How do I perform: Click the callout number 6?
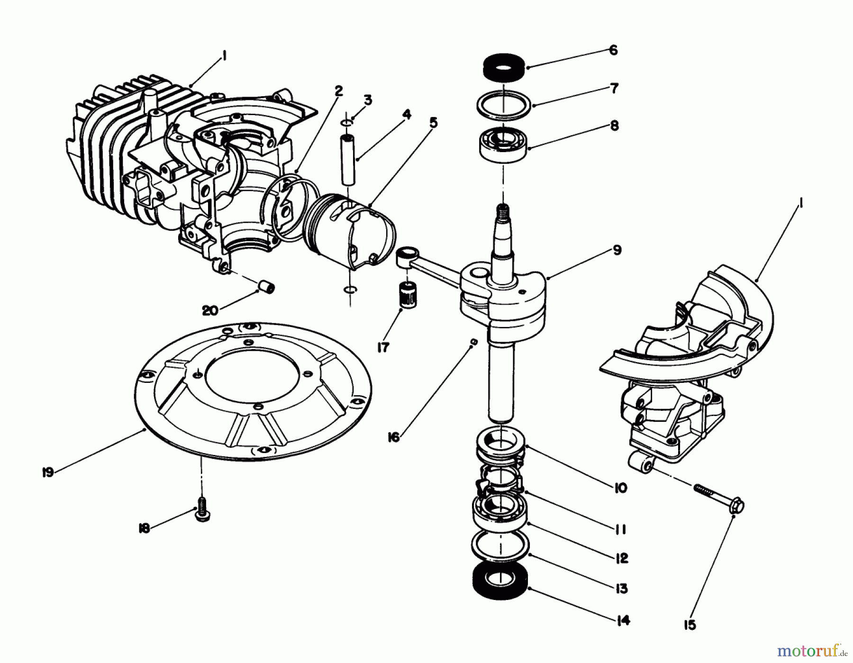tap(613, 50)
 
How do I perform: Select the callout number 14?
tap(623, 620)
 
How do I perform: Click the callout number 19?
tap(48, 472)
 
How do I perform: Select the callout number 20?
tap(210, 310)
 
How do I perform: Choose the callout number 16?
tap(393, 437)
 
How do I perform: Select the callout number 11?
tap(620, 529)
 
